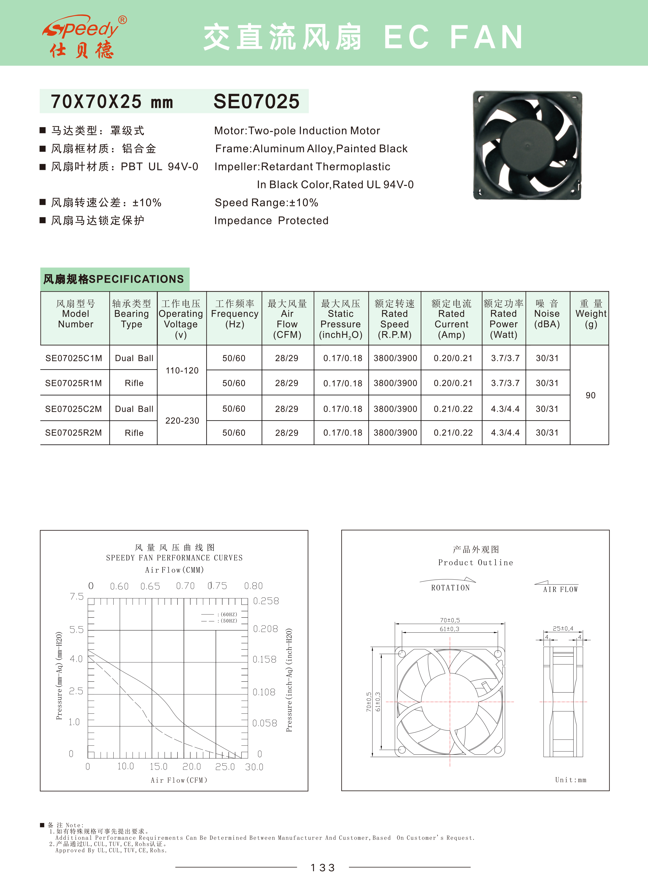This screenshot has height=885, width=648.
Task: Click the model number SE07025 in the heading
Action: tap(256, 101)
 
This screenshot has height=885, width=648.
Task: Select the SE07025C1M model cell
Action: tap(74, 358)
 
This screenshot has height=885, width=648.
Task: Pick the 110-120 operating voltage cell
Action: tap(182, 371)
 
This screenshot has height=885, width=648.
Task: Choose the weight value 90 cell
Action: tap(590, 395)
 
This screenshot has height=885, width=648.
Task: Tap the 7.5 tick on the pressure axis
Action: tap(77, 596)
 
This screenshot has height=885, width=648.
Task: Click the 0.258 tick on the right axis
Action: tap(266, 601)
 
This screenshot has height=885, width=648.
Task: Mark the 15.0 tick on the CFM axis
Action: tap(158, 766)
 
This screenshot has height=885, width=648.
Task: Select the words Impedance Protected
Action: tap(271, 221)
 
